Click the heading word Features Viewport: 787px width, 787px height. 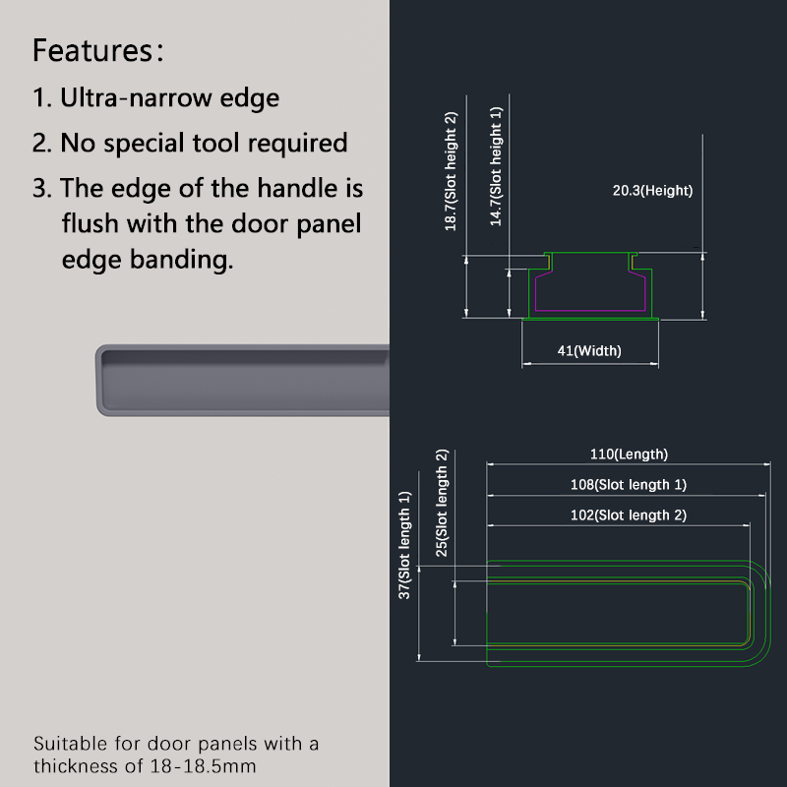[x=92, y=50]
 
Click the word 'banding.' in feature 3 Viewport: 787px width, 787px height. [x=182, y=260]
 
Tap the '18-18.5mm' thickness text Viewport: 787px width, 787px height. [x=204, y=766]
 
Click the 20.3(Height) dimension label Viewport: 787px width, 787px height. [x=652, y=190]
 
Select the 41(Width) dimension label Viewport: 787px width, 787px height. [x=589, y=350]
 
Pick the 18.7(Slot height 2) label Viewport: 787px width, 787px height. [x=451, y=171]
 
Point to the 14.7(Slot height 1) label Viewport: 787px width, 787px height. [x=496, y=166]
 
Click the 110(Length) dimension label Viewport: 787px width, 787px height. [x=629, y=454]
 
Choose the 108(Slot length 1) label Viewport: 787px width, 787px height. [x=629, y=484]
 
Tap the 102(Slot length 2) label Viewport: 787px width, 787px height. [x=629, y=515]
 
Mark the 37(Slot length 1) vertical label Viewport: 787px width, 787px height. [x=404, y=545]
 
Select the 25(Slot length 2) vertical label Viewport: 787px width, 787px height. [x=441, y=503]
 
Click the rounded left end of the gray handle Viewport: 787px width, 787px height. [x=99, y=380]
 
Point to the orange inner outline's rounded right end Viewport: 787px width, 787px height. [x=750, y=613]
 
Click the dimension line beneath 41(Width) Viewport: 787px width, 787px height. [x=589, y=364]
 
